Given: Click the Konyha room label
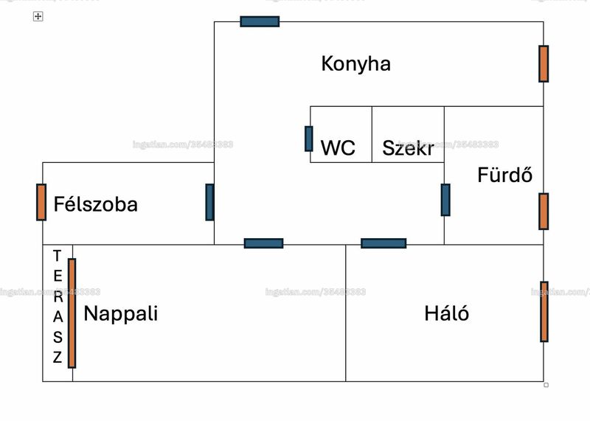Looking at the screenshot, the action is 356,64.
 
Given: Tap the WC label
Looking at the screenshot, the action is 338,148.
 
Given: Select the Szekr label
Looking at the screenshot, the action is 409,148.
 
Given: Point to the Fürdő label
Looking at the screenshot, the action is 505,175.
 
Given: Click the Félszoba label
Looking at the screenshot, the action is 96,204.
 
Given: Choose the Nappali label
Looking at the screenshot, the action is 121,314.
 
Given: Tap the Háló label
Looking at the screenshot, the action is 447,313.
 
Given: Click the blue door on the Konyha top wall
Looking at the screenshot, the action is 260,21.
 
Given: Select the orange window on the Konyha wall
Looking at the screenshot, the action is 544,63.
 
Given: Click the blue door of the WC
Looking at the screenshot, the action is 308,139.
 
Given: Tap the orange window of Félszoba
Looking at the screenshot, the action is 41,202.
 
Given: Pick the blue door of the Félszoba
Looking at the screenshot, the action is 210,202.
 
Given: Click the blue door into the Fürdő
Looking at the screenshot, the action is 445,200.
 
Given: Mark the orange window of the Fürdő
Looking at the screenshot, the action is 544,211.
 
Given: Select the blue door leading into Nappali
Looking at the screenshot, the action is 263,243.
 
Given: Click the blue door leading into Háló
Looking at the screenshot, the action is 383,243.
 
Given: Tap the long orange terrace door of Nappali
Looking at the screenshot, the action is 72,313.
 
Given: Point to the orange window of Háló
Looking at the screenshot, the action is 544,312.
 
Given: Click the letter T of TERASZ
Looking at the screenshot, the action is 58,256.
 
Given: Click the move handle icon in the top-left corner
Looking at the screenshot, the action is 38,16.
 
